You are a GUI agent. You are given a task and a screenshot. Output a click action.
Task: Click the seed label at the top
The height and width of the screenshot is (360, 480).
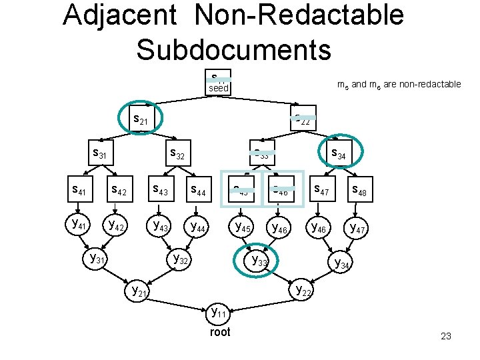point(218,88)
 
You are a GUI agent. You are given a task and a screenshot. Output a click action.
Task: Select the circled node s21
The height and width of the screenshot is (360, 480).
point(141,120)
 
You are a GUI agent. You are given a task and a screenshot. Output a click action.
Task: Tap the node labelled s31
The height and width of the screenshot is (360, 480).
point(99,154)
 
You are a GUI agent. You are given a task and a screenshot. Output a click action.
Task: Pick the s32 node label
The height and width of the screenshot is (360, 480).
point(177,154)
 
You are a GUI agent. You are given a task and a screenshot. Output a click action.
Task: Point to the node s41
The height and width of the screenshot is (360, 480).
point(79,191)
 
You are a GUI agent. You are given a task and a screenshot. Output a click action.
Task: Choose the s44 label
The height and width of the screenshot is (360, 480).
point(199,192)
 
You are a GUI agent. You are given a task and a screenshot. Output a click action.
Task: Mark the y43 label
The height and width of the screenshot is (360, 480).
point(161,225)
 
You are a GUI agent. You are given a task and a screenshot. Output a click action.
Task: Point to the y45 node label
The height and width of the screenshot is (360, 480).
point(241,227)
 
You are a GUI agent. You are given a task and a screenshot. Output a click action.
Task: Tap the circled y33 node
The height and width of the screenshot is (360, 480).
point(257,261)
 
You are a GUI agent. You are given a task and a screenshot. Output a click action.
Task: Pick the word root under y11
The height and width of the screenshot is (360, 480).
point(219,332)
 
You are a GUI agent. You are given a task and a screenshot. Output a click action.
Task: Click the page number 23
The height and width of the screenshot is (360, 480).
point(446,336)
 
